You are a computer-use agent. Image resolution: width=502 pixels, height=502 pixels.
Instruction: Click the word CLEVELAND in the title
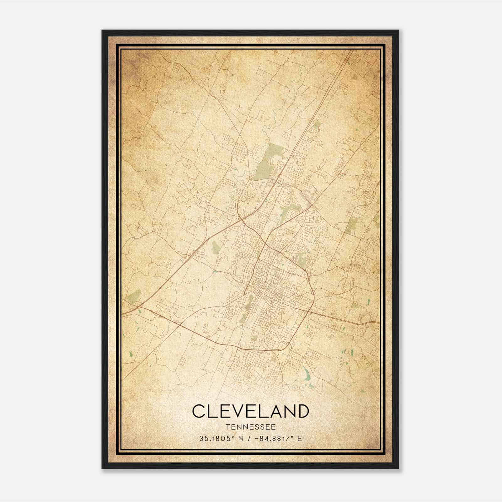click(x=250, y=411)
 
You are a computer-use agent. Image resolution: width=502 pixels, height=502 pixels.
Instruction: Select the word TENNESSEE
click(x=250, y=427)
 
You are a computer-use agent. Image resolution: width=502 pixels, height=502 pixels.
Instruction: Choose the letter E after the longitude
click(x=300, y=438)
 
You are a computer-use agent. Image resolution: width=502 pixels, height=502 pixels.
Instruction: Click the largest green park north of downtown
click(x=267, y=162)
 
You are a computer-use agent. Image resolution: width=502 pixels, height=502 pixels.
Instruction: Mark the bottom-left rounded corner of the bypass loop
click(x=240, y=348)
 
